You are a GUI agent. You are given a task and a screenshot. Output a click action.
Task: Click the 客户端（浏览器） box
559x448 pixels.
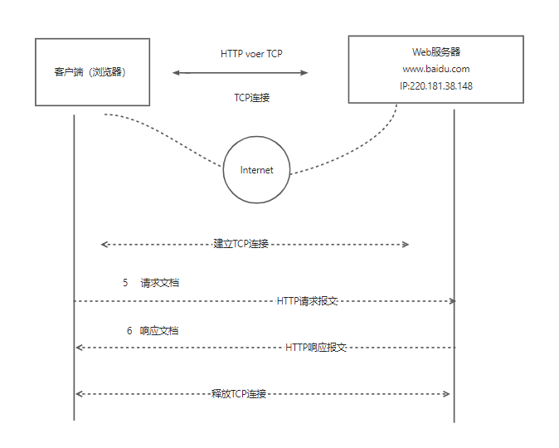click(x=90, y=72)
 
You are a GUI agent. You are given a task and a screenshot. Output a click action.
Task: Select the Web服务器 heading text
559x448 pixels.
click(x=435, y=52)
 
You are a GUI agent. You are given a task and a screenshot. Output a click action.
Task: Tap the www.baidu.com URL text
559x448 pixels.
click(x=435, y=69)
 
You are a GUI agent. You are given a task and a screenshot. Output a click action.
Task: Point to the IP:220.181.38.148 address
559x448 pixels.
click(x=435, y=86)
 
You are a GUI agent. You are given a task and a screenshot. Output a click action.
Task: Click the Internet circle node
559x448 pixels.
click(x=256, y=170)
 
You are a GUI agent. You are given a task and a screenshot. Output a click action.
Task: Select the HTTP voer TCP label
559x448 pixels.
click(x=252, y=53)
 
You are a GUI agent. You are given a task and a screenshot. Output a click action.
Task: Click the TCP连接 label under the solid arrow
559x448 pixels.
click(x=251, y=97)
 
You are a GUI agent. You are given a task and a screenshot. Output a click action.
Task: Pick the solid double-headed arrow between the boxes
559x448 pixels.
click(x=240, y=73)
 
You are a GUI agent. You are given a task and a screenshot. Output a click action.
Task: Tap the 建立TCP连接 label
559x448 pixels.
click(x=241, y=244)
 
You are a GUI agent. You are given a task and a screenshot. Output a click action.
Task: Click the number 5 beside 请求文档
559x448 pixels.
click(x=125, y=283)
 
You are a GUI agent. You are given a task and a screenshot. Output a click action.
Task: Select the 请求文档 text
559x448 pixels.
click(x=160, y=283)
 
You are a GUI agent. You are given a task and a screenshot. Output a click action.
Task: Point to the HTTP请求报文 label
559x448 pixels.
click(x=307, y=300)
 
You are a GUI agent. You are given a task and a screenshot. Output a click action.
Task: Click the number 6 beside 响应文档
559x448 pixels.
click(x=129, y=330)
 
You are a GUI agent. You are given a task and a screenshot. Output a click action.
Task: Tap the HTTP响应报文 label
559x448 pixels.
click(x=315, y=347)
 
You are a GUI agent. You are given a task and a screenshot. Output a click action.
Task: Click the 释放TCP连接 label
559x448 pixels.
click(x=239, y=393)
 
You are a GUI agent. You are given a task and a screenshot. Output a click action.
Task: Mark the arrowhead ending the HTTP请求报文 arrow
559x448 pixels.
click(x=452, y=300)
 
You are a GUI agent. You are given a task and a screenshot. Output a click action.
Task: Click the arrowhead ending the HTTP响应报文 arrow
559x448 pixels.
click(x=79, y=347)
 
